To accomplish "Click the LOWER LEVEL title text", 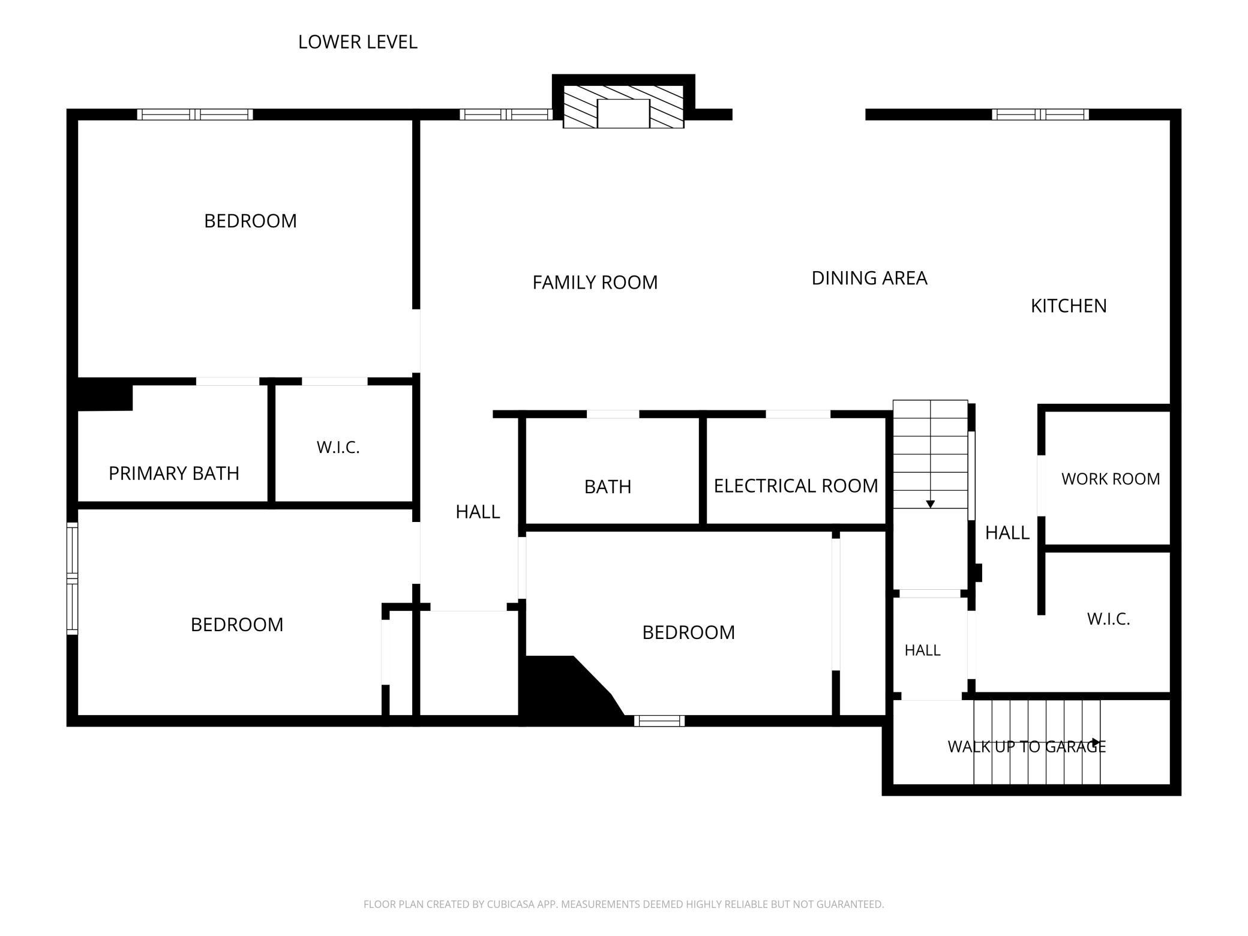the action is pos(358,42).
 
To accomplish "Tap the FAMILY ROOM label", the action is pos(595,282).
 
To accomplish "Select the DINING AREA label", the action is pos(869,278).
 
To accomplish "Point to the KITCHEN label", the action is pos(1069,306).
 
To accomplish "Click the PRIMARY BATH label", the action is pos(174,473).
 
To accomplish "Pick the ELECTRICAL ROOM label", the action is pos(796,485).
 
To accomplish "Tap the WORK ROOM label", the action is pos(1111,479).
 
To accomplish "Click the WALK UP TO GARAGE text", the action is pos(1027,746).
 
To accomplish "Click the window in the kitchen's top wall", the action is pos(1040,114).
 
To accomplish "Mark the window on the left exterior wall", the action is pos(72,578).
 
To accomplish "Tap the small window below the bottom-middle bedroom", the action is pos(659,721).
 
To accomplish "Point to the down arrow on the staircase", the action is pos(930,504).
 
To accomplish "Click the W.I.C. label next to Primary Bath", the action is pos(338,447).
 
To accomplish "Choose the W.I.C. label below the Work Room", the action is pos(1108,619).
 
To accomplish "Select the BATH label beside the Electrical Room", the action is pos(608,487).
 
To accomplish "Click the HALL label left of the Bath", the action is pos(478,512).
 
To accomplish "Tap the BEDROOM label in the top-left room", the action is pos(250,221).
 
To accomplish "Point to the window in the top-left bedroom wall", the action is pos(195,114).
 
